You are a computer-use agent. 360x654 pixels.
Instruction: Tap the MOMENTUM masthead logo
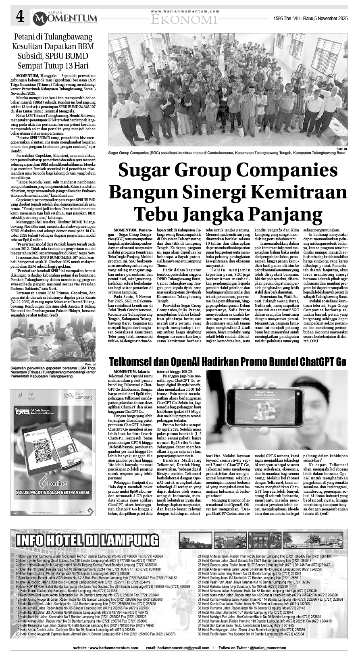(x=65, y=18)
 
